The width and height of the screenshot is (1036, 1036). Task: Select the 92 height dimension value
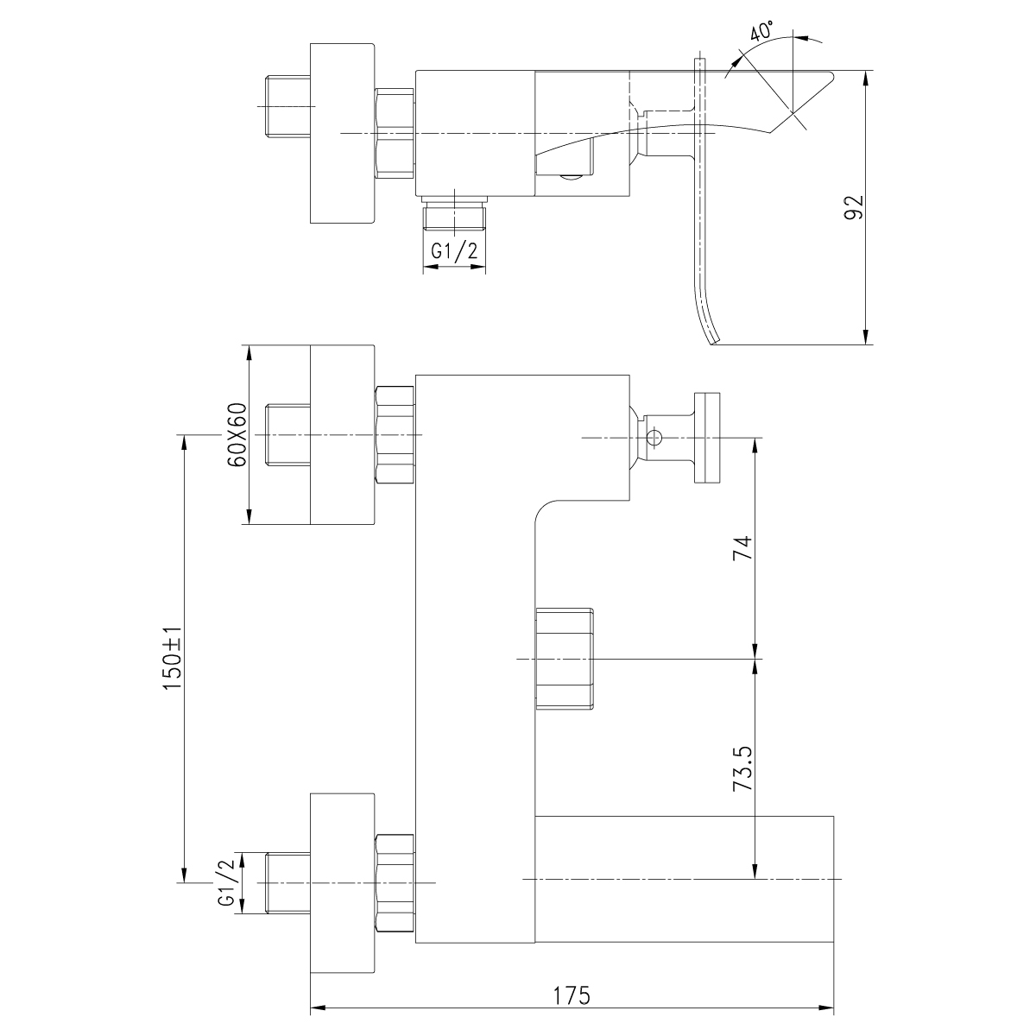[854, 208]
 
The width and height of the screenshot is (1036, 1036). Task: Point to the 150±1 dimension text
[173, 660]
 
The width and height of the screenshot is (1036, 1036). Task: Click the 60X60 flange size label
[237, 435]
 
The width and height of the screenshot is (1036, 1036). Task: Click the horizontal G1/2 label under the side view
[454, 252]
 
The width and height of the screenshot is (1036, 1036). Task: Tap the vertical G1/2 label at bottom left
[227, 883]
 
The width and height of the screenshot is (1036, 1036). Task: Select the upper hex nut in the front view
[395, 437]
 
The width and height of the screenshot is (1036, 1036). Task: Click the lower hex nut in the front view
[395, 883]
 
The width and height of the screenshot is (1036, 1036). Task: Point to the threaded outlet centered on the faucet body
[565, 659]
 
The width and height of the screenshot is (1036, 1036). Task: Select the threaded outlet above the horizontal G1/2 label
[455, 213]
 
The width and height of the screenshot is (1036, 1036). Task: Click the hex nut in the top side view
[395, 133]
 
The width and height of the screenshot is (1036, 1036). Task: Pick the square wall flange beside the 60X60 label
[342, 435]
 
